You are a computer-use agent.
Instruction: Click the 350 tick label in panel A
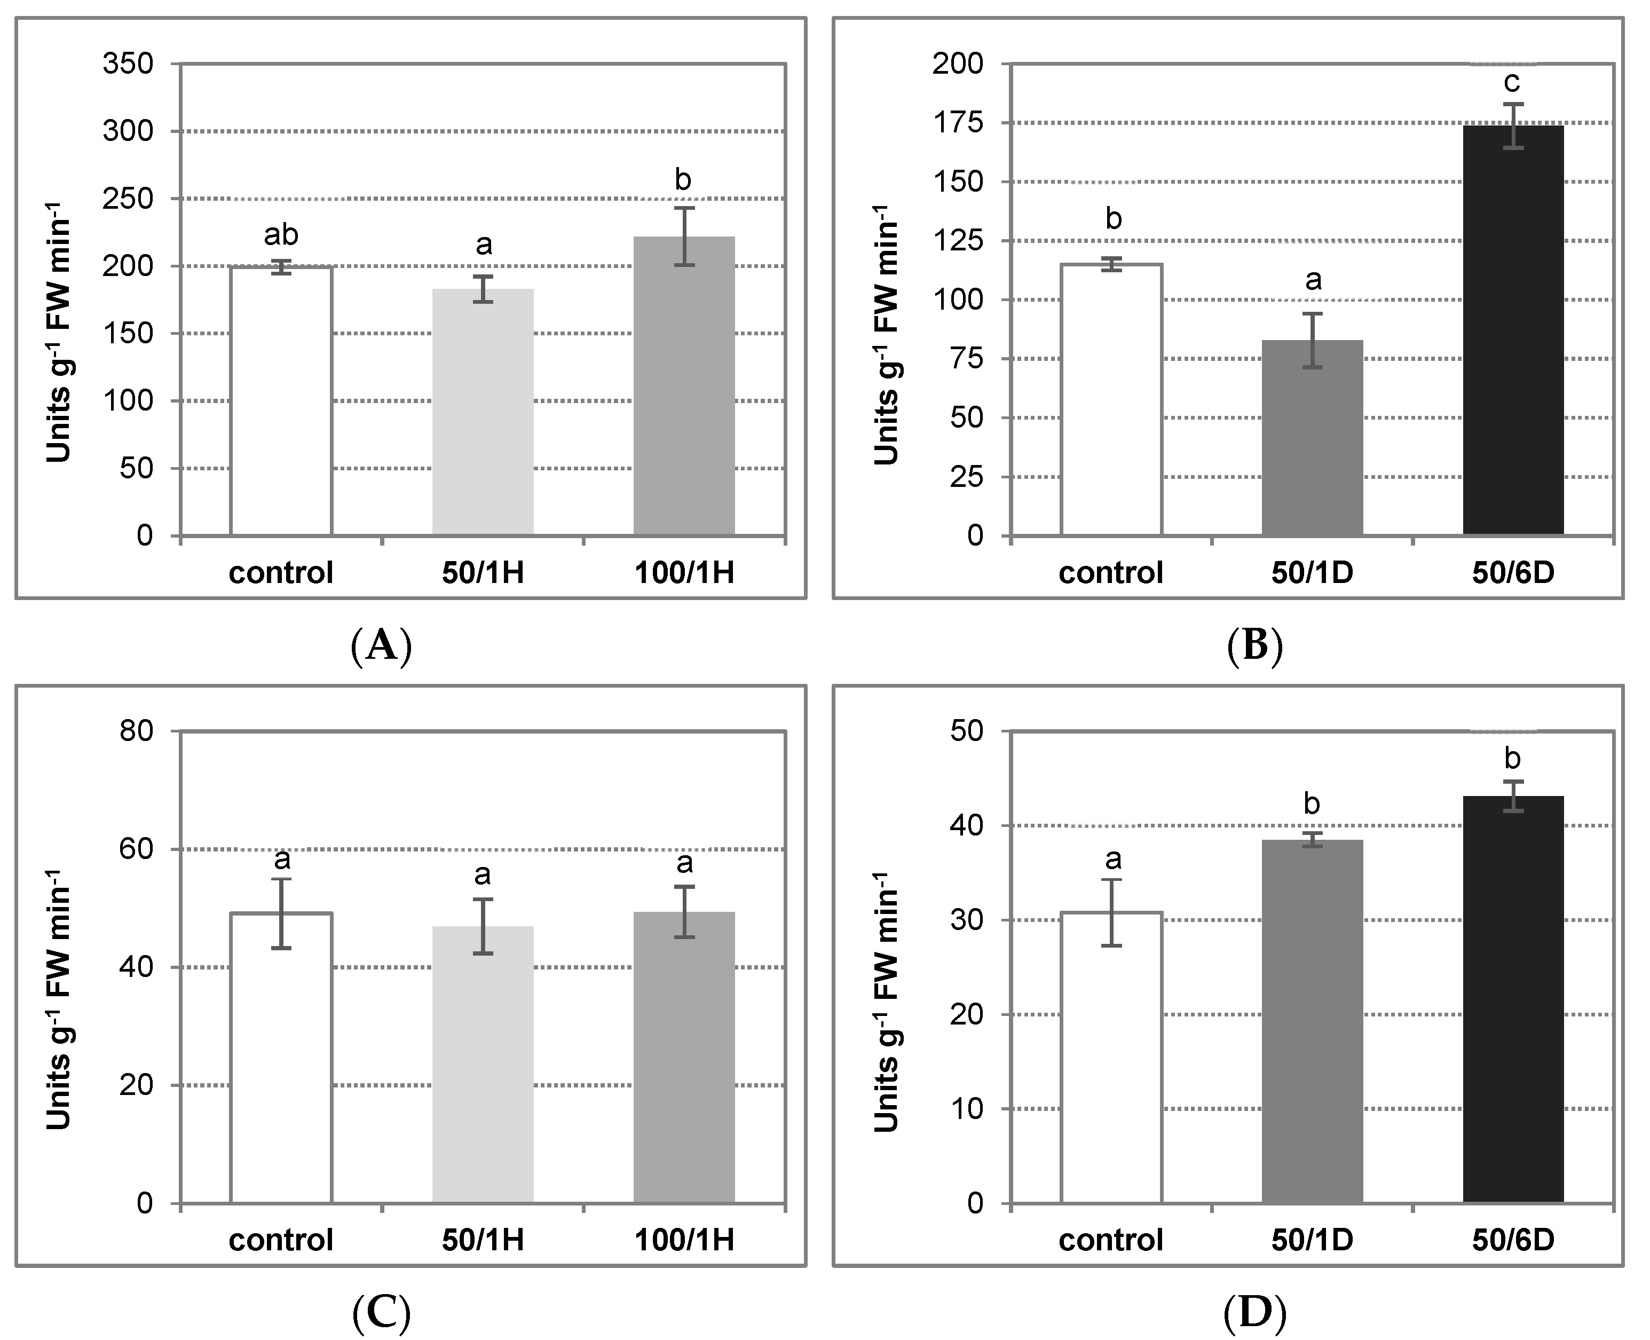pyautogui.click(x=128, y=64)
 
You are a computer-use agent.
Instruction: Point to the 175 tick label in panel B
pyautogui.click(x=957, y=123)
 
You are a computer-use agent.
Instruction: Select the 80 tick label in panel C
pyautogui.click(x=137, y=730)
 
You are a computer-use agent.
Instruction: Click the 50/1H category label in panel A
pyautogui.click(x=483, y=573)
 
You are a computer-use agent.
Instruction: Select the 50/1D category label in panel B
pyautogui.click(x=1312, y=573)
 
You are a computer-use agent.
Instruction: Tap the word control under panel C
pyautogui.click(x=281, y=1240)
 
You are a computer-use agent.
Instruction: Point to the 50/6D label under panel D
pyautogui.click(x=1513, y=1240)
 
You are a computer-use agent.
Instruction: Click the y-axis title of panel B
pyautogui.click(x=888, y=336)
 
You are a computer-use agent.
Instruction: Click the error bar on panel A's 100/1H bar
pyautogui.click(x=684, y=235)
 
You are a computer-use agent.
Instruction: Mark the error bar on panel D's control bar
pyautogui.click(x=1111, y=912)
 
